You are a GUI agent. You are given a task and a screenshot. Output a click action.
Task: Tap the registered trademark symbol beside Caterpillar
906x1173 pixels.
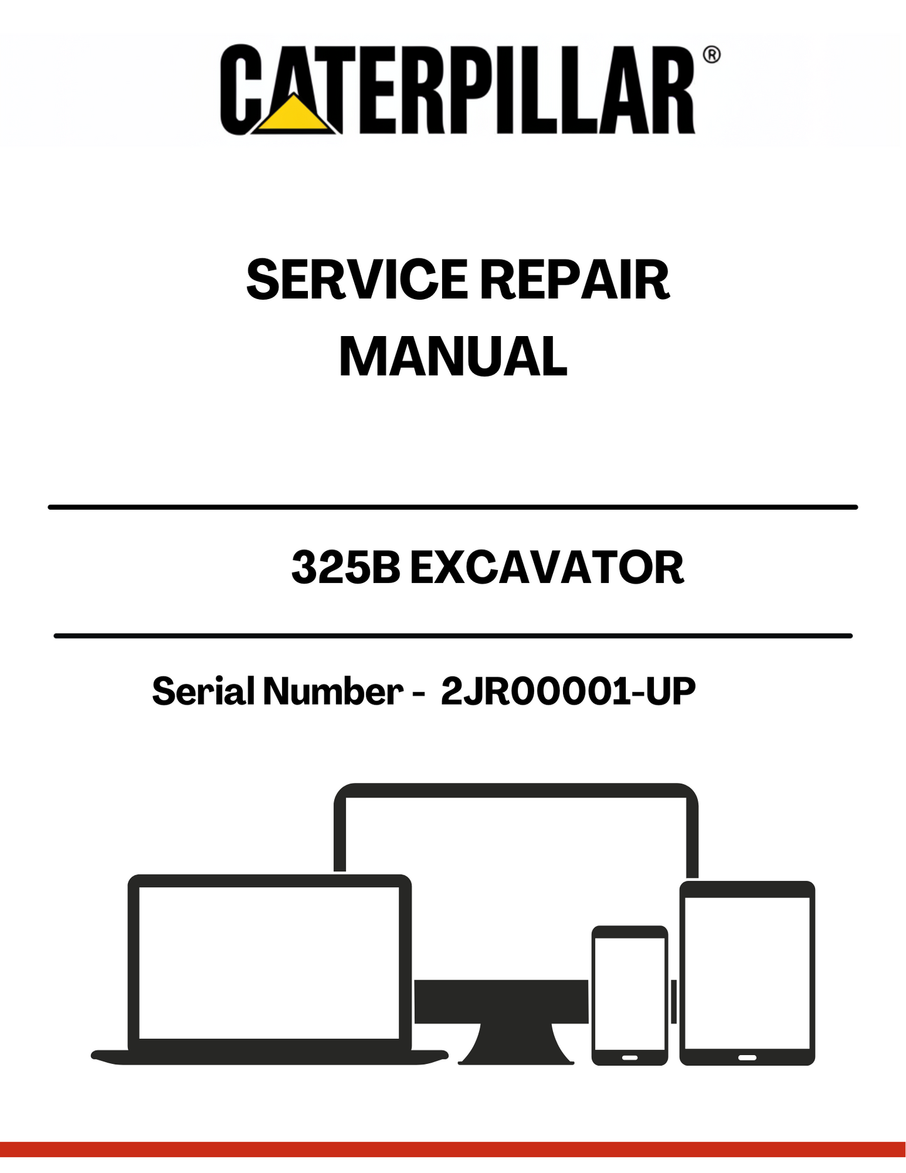click(x=712, y=55)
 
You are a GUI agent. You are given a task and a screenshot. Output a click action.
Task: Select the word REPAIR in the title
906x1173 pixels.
click(x=575, y=280)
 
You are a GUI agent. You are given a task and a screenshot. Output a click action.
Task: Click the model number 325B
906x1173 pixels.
click(x=346, y=567)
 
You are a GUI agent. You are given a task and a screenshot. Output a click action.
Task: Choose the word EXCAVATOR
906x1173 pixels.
click(x=547, y=567)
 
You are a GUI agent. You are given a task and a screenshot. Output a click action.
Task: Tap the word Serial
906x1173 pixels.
click(x=203, y=691)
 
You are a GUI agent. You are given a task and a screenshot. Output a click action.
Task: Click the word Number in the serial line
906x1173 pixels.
click(x=332, y=691)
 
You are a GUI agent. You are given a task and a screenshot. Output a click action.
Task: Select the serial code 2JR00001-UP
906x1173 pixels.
click(x=568, y=691)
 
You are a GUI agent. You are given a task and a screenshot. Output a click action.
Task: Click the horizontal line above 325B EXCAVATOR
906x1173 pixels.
click(x=453, y=507)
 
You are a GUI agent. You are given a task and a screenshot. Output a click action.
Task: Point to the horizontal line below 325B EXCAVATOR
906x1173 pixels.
click(x=453, y=636)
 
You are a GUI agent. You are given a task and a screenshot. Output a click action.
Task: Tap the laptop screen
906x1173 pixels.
click(x=269, y=962)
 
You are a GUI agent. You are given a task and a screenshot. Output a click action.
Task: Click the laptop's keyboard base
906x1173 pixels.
click(x=270, y=1057)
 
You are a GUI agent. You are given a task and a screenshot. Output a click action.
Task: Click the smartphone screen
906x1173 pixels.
click(x=629, y=994)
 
